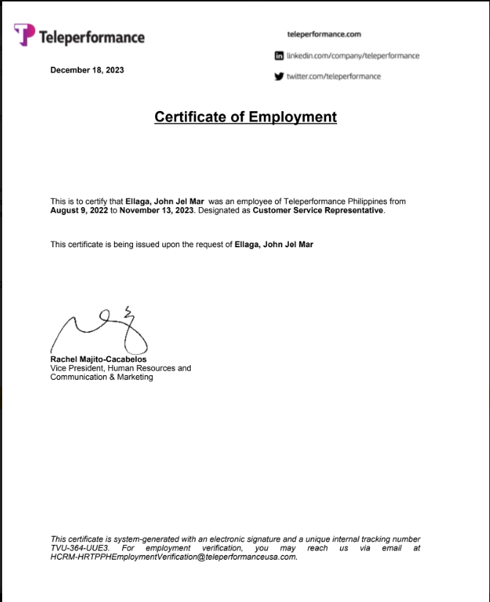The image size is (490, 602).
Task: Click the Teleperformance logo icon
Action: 24,34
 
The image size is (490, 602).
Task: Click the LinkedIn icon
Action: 279,56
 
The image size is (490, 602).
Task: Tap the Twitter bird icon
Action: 279,76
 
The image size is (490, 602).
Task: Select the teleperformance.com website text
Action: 325,34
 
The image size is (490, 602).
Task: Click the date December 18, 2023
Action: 87,70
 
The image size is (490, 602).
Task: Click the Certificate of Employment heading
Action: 245,117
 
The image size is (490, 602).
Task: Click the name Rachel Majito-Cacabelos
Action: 98,360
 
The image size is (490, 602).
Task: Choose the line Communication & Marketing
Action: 102,377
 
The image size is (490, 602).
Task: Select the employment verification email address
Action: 173,557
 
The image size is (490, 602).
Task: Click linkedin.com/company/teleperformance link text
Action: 353,56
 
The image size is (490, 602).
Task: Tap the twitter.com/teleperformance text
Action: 333,76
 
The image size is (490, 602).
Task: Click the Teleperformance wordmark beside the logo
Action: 91,37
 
